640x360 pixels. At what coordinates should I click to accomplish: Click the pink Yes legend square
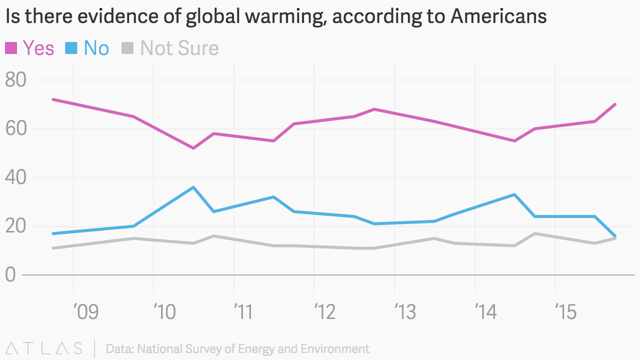click(x=11, y=49)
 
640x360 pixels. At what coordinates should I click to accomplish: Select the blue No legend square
click(x=71, y=49)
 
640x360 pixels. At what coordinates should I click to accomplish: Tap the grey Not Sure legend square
click(x=127, y=49)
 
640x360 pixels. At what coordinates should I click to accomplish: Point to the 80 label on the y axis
click(x=16, y=80)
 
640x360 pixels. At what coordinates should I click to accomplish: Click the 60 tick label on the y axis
click(x=16, y=129)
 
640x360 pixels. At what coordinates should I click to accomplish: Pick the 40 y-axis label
click(x=16, y=178)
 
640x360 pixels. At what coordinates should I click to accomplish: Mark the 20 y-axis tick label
click(x=16, y=227)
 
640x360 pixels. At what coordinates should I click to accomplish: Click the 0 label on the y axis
click(x=10, y=275)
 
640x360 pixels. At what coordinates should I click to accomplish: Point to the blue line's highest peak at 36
click(x=193, y=187)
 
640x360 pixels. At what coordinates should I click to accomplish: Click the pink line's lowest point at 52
click(x=193, y=148)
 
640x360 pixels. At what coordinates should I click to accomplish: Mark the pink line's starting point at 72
click(x=53, y=100)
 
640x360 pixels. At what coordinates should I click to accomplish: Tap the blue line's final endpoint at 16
click(x=615, y=236)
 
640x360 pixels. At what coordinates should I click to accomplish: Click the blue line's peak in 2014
click(x=514, y=195)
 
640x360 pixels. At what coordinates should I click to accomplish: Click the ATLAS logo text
click(x=43, y=349)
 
